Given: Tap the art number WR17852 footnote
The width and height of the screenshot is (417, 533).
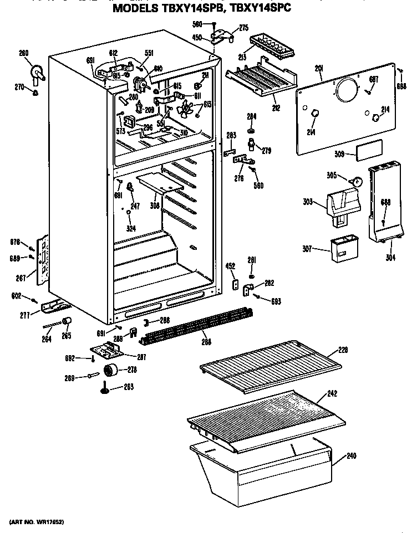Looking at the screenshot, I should click(37, 522).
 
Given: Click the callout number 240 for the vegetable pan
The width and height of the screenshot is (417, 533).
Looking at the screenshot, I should click(350, 456).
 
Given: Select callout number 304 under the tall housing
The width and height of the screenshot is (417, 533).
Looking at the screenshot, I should click(390, 257).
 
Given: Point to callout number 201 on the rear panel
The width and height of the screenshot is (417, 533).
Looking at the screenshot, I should click(319, 68).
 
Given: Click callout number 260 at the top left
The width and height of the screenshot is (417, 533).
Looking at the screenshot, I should click(23, 54).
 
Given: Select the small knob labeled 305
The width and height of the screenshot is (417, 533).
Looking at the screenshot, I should click(358, 181).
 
